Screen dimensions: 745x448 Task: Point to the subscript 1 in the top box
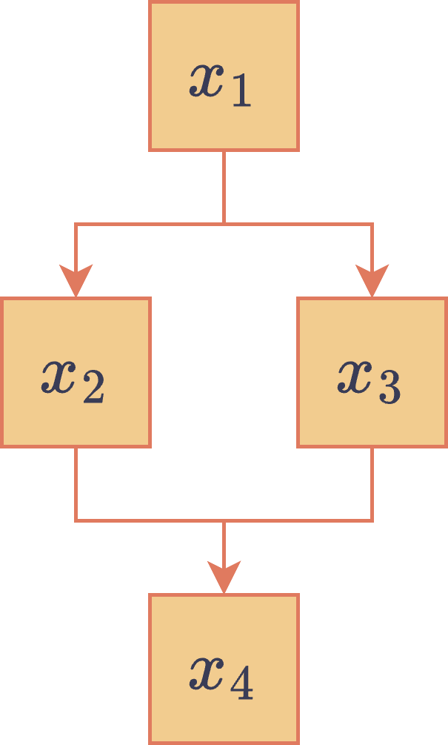241,90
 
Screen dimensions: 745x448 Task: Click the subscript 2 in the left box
93,387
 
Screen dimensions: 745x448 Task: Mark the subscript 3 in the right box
390,387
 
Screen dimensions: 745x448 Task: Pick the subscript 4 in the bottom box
241,684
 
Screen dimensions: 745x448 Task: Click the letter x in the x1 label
207,80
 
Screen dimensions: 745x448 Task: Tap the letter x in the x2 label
58,377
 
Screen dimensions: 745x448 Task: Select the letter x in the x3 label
355,377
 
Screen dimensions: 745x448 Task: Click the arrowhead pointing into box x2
76,282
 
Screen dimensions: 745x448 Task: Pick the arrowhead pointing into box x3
372,282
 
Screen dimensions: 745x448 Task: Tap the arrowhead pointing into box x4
224,578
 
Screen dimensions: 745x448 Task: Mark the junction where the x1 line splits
224,224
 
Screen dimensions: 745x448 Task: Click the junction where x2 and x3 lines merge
224,520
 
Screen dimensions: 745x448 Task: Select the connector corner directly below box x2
76,520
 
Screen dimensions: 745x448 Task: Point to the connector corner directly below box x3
372,520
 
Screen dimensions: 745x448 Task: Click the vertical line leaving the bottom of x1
224,185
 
